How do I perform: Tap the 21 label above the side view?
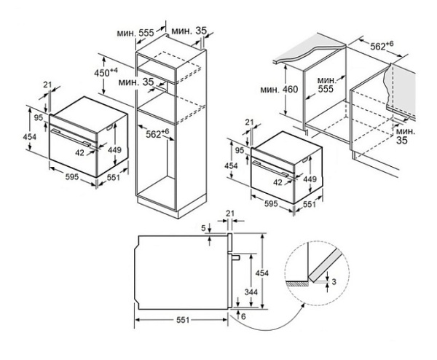pos(232,213)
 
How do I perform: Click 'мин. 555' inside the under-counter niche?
pos(327,85)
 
